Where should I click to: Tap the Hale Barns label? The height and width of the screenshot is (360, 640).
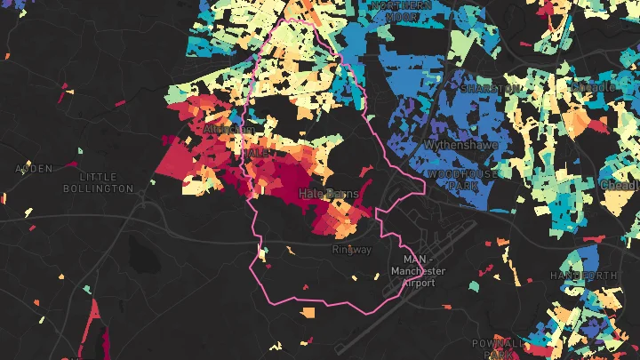coord(330,193)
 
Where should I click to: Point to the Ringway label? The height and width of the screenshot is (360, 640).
coord(351,250)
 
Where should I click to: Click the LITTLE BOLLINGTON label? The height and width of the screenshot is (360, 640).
coord(98,182)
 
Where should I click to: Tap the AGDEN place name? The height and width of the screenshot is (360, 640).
coord(32,168)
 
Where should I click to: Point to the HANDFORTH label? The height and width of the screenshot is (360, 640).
coord(583,276)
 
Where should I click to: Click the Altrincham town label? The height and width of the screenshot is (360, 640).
coord(221,129)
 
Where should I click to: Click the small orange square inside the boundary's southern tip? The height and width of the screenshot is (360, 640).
coord(308,313)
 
